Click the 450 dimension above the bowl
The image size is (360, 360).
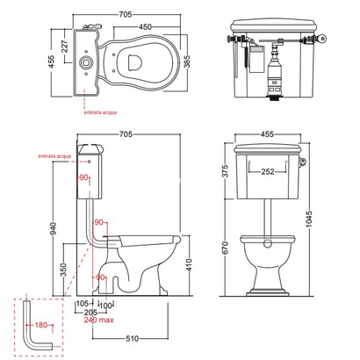click(x=145, y=27)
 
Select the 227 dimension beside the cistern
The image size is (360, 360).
click(x=64, y=47)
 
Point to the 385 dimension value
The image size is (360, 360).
click(x=187, y=61)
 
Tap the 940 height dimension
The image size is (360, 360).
click(x=54, y=228)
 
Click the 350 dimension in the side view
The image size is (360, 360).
click(x=63, y=270)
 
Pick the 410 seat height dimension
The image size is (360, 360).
click(x=190, y=265)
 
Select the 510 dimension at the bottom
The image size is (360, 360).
click(x=133, y=339)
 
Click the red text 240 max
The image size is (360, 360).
click(x=99, y=320)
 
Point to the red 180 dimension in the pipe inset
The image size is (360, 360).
click(x=41, y=325)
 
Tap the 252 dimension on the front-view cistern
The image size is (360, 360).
click(x=268, y=171)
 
